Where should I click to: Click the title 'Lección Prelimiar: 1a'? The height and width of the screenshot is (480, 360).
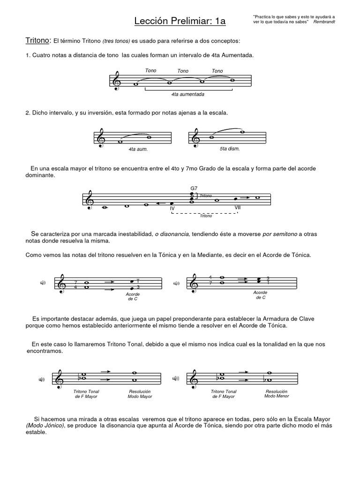[x=180, y=21]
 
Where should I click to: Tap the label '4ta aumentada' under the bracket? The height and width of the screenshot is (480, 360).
[x=187, y=94]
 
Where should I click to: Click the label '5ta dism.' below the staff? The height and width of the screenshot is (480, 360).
[x=229, y=149]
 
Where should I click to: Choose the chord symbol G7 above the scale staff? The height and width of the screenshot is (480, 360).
[x=194, y=188]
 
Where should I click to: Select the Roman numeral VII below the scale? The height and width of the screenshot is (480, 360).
[x=238, y=207]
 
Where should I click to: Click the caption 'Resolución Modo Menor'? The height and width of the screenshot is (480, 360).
[x=277, y=393]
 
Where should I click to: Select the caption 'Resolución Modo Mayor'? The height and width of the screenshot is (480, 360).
[x=140, y=394]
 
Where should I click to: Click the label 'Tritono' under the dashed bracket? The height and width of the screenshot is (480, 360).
[x=206, y=216]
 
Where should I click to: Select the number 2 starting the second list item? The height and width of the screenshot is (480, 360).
[x=27, y=113]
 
